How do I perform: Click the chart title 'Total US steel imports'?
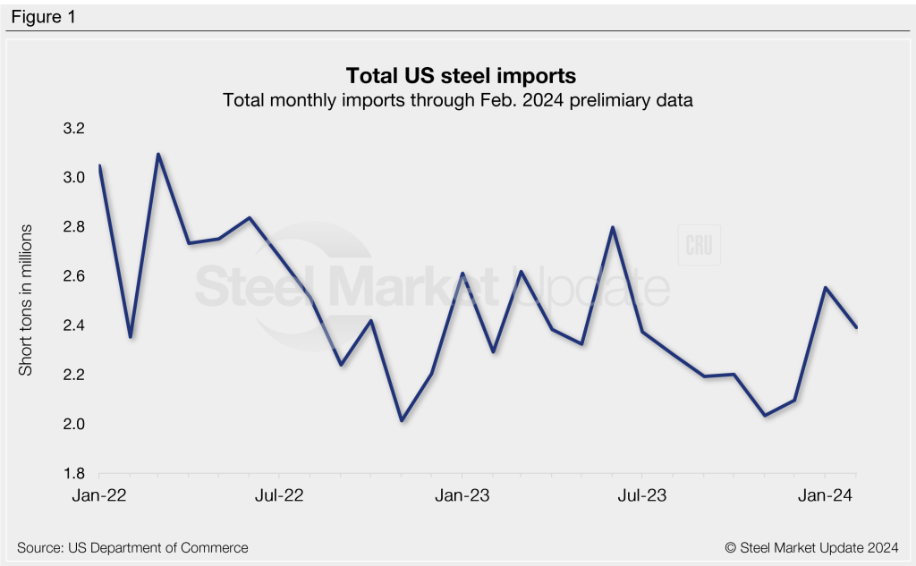[x=458, y=75]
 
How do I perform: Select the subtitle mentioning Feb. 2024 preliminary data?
[x=458, y=101]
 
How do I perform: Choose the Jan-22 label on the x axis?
[x=99, y=494]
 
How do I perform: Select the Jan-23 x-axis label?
[x=462, y=494]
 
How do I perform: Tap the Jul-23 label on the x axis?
[x=641, y=494]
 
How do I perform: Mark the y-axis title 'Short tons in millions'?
[x=26, y=300]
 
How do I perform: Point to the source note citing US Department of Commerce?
[x=132, y=547]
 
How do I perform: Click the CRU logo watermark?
[x=699, y=246]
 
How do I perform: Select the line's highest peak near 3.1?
[x=158, y=154]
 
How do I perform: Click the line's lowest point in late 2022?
[x=402, y=420]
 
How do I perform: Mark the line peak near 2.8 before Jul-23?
[x=613, y=227]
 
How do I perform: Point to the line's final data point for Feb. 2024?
[x=856, y=327]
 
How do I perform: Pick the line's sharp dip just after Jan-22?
[x=131, y=337]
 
